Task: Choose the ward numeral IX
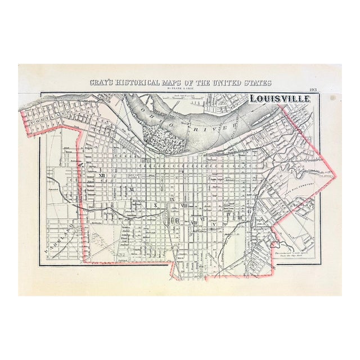[x=173, y=200]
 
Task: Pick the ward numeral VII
[x=193, y=223]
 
